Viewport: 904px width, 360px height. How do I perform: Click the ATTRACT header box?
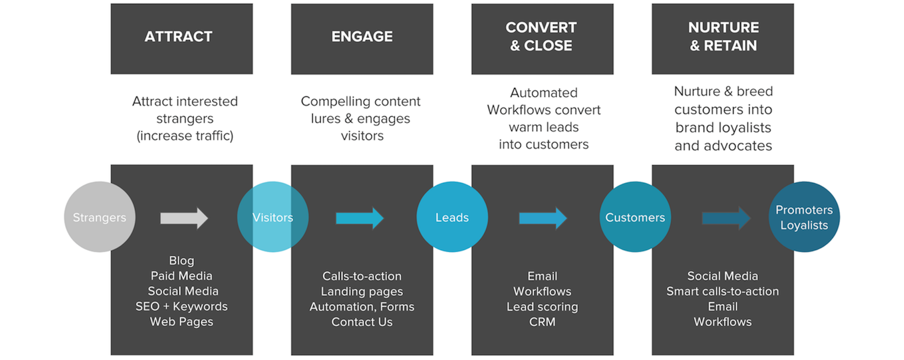click(x=181, y=38)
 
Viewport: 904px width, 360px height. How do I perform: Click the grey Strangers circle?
click(x=99, y=217)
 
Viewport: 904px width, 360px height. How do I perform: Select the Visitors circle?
click(x=273, y=217)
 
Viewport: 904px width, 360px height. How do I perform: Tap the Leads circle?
click(x=452, y=217)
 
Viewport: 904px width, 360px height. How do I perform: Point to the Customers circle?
click(x=635, y=217)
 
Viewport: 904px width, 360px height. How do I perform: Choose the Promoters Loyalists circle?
click(x=804, y=217)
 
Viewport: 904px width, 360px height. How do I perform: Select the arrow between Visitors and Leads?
click(x=359, y=218)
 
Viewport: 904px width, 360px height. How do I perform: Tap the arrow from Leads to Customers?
click(x=543, y=218)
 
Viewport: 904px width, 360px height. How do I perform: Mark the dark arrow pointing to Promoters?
click(x=725, y=218)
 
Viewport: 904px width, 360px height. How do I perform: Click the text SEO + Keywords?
click(x=181, y=306)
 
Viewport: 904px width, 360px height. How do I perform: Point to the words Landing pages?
click(x=361, y=291)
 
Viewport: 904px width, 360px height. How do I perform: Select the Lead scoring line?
click(x=542, y=307)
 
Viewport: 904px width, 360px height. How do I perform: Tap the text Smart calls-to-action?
click(x=722, y=291)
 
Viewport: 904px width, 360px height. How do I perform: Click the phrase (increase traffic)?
click(x=185, y=136)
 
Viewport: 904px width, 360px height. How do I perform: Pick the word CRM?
click(x=542, y=322)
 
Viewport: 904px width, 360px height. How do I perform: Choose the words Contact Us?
click(x=361, y=322)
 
